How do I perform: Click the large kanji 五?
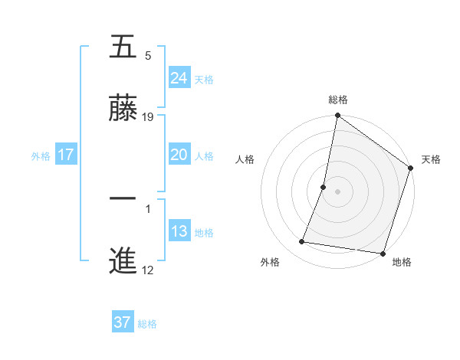[x=123, y=47]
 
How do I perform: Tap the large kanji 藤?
[x=123, y=109]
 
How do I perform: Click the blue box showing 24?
[x=179, y=78]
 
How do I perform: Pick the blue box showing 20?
[x=179, y=155]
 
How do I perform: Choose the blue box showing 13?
[x=179, y=231]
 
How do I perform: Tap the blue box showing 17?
[x=66, y=155]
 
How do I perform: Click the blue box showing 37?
[x=122, y=322]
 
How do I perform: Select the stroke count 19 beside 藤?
[x=149, y=117]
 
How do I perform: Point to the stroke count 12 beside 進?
[x=149, y=270]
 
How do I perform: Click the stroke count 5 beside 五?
[x=148, y=56]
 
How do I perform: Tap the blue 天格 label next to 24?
[x=204, y=79]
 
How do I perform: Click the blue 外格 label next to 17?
[x=41, y=155]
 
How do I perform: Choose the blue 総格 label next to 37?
[x=147, y=324]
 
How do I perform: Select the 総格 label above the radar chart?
[x=338, y=100]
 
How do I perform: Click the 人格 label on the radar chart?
[x=245, y=160]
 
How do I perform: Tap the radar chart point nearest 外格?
[x=302, y=242]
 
